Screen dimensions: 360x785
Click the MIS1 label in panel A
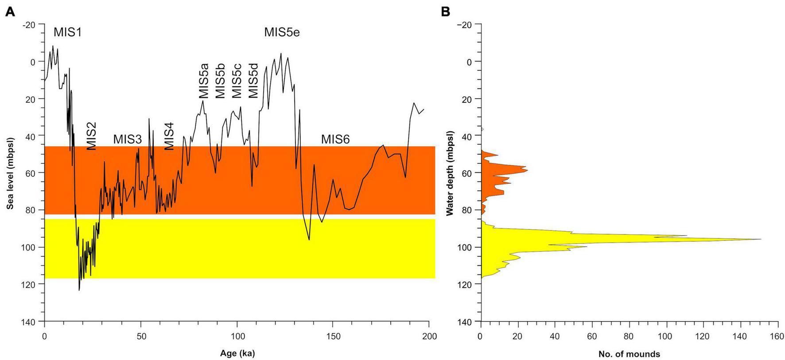[68, 32]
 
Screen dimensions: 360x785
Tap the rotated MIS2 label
[91, 136]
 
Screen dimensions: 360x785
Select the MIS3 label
[127, 139]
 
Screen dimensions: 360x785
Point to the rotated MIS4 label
[169, 136]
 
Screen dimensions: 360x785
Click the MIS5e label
[282, 32]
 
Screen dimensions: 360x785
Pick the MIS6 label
[335, 139]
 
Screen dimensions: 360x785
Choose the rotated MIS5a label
[203, 81]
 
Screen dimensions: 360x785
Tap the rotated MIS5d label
[253, 81]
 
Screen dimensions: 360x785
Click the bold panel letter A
[10, 12]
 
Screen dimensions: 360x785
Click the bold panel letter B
[445, 12]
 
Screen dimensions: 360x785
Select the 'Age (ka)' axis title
[237, 353]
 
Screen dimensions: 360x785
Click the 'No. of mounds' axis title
[629, 354]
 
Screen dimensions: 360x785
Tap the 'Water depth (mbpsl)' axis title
[450, 173]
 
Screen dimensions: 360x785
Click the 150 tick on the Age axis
[333, 337]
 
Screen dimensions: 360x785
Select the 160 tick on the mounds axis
[777, 337]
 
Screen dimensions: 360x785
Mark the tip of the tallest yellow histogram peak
[761, 239]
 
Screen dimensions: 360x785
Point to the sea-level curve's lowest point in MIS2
[79, 290]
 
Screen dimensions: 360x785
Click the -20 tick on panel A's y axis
[29, 24]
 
